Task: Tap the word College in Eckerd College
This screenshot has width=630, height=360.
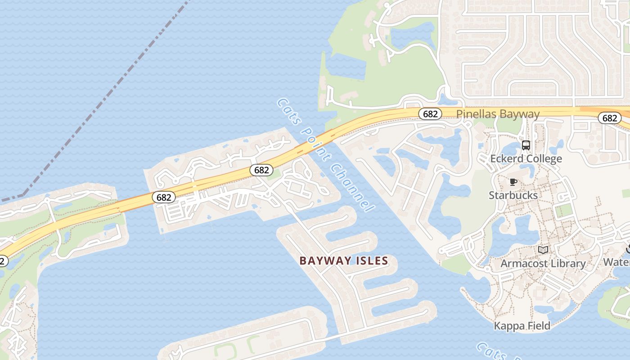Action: tap(544, 159)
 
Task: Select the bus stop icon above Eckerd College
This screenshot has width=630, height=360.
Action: tap(526, 145)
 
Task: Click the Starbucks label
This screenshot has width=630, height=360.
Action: tap(513, 195)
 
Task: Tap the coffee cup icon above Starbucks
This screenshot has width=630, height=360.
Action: tap(513, 182)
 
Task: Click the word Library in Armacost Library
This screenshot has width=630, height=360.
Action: tap(569, 263)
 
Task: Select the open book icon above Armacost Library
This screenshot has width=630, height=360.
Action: tap(543, 250)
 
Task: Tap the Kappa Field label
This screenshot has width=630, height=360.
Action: tap(522, 326)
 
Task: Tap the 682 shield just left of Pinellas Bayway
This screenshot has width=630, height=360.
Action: tap(430, 114)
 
